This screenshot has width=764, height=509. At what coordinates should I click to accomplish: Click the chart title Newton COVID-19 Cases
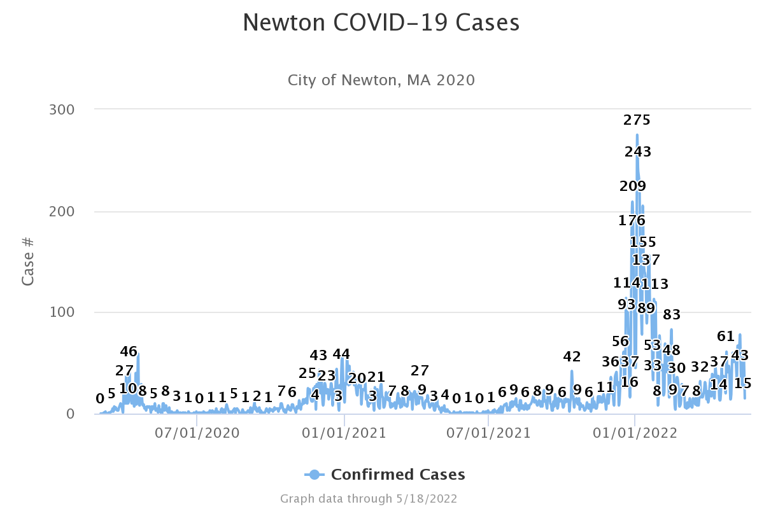381,24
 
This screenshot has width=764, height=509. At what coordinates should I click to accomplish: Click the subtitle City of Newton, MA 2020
381,81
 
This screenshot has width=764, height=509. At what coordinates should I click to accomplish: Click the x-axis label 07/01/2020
197,434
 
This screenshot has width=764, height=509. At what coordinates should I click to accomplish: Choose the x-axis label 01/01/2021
344,434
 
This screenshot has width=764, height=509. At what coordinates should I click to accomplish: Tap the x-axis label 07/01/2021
489,434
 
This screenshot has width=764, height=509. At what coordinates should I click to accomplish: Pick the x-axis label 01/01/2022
635,434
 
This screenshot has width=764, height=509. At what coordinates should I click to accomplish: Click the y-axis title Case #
28,261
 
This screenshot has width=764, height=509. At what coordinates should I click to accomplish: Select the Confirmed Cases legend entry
385,475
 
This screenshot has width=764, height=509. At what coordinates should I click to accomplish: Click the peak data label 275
637,120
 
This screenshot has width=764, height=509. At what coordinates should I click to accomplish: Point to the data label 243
638,152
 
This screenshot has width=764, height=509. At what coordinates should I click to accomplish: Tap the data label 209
633,186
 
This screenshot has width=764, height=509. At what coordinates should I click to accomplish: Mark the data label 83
672,314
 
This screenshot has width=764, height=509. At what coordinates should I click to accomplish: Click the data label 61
726,337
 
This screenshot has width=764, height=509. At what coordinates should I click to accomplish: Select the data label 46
129,351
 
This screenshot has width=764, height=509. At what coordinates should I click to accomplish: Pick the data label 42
572,357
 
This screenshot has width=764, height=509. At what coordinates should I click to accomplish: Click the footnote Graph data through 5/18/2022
369,499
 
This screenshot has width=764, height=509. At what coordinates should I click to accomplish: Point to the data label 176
632,221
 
